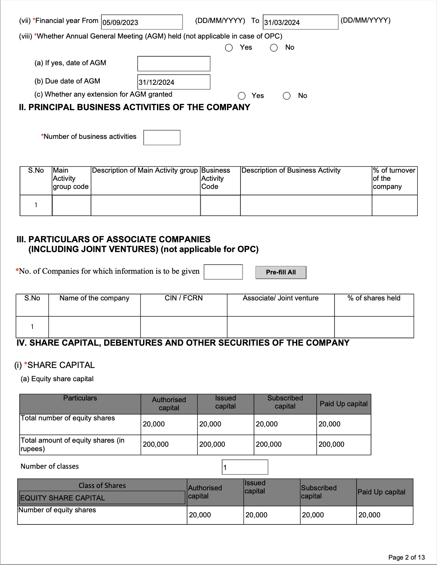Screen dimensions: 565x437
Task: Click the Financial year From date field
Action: point(142,22)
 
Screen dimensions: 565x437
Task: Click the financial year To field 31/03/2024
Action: point(300,22)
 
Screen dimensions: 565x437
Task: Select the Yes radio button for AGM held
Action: point(229,48)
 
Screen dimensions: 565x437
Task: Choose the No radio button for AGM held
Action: point(274,48)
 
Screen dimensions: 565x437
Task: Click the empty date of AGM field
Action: point(174,64)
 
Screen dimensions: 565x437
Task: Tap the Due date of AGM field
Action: point(174,82)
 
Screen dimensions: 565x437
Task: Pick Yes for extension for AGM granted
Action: point(242,96)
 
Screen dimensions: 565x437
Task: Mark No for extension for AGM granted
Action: point(287,96)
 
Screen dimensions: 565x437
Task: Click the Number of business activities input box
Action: point(162,138)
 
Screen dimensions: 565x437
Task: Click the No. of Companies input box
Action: point(223,272)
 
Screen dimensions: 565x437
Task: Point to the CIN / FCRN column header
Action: point(184,298)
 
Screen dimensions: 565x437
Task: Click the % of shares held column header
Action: point(374,298)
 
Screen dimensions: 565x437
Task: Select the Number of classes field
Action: point(245,467)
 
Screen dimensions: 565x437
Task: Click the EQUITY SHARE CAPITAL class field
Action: point(102,498)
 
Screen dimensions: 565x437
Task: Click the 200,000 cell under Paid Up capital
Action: point(343,445)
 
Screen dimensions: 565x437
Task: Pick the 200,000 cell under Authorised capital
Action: point(169,445)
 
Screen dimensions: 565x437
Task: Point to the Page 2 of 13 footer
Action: point(407,557)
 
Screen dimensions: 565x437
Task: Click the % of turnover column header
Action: point(394,178)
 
